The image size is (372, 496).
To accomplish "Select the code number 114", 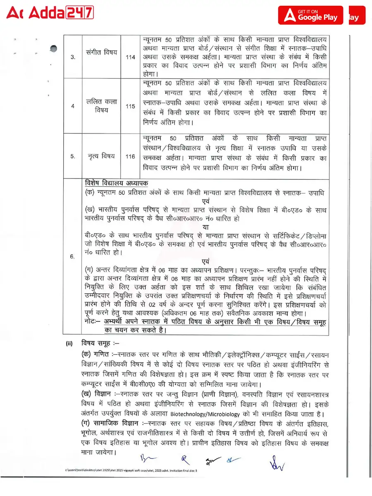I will click(x=131, y=57).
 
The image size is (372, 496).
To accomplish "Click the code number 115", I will click(x=131, y=106).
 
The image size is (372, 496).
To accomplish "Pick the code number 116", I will click(x=131, y=156).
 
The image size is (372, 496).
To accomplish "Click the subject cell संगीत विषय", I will click(x=102, y=53).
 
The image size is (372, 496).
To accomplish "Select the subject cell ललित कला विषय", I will click(x=102, y=106).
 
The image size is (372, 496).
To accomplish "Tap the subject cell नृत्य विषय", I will click(x=102, y=156).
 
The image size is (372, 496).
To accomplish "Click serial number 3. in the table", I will click(x=73, y=57).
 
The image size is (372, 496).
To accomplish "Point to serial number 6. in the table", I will click(x=73, y=257).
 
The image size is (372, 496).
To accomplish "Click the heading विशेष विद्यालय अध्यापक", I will click(x=117, y=183).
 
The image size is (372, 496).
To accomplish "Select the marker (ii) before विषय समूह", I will click(x=69, y=343).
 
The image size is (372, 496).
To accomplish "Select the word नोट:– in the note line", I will click(x=92, y=322).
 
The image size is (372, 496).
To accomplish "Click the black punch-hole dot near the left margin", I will click(x=53, y=49).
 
